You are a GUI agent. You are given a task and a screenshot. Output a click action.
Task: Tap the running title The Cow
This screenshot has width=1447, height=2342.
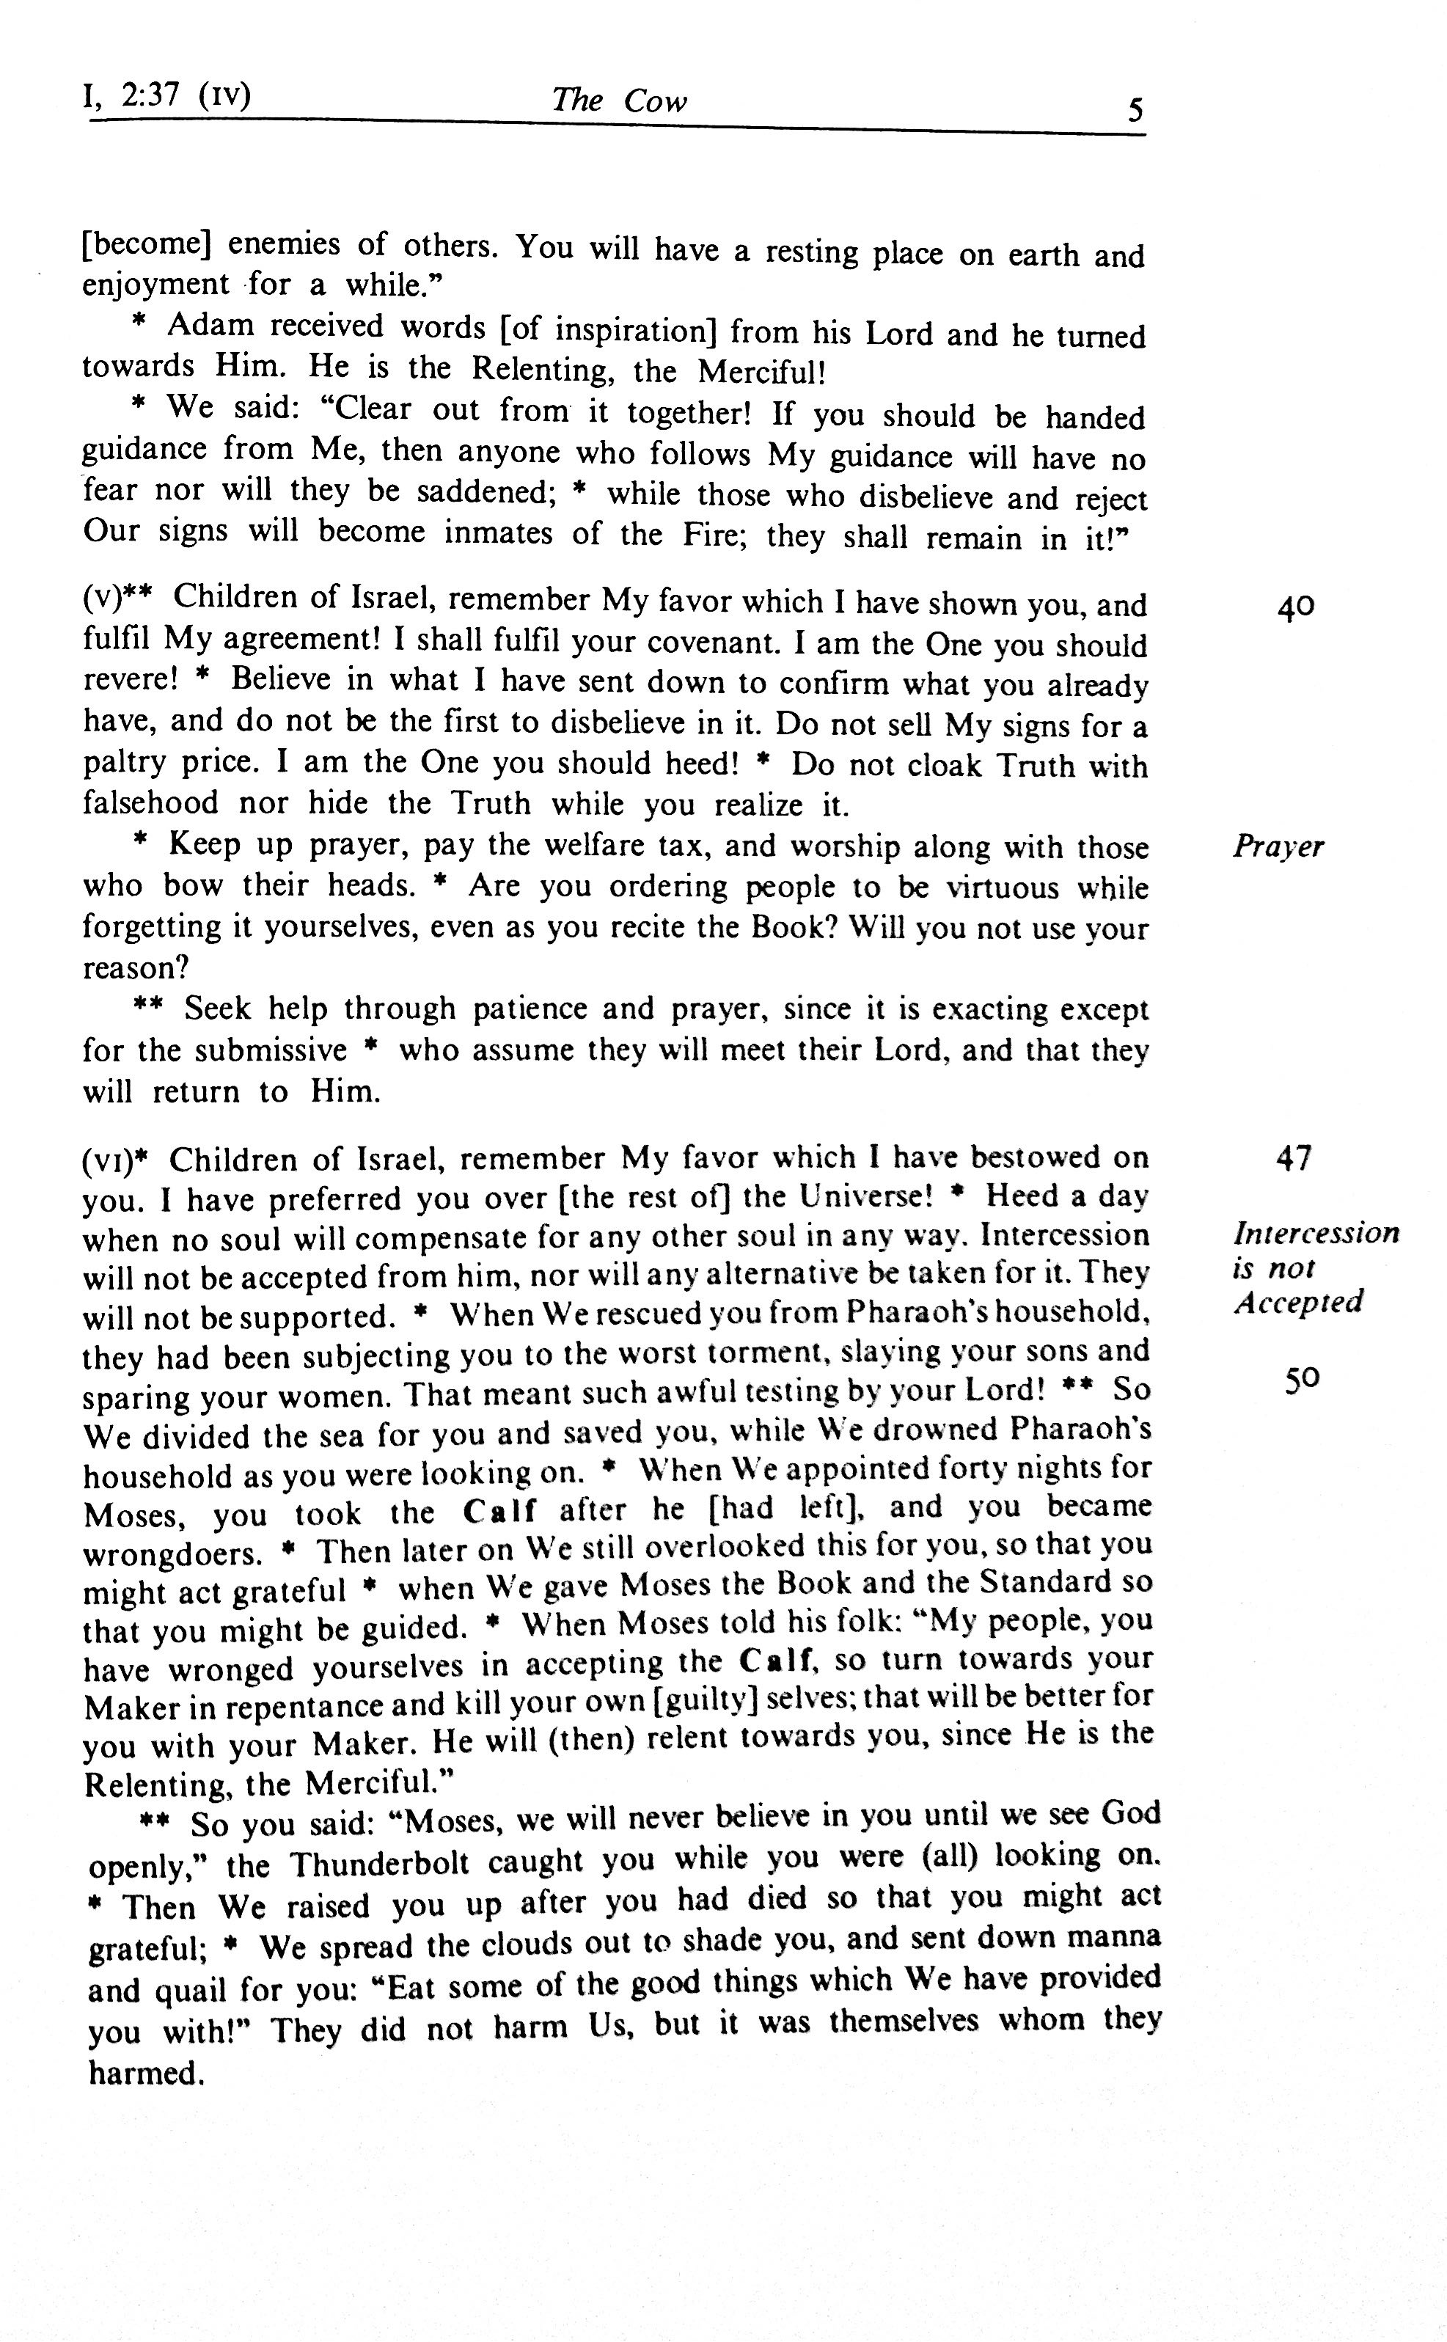[618, 100]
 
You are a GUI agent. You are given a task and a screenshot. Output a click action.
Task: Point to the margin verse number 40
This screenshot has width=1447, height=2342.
[1296, 607]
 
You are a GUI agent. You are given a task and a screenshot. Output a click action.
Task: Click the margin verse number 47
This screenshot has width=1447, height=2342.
[1294, 1158]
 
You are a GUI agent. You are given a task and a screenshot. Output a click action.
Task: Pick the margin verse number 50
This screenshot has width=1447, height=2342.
[1303, 1378]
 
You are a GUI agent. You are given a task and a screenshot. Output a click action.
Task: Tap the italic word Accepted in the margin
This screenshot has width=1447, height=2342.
[1297, 1303]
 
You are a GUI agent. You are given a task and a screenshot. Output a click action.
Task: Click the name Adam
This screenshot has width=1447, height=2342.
[210, 326]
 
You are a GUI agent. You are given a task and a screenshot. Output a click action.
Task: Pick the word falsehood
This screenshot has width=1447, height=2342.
[150, 804]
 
